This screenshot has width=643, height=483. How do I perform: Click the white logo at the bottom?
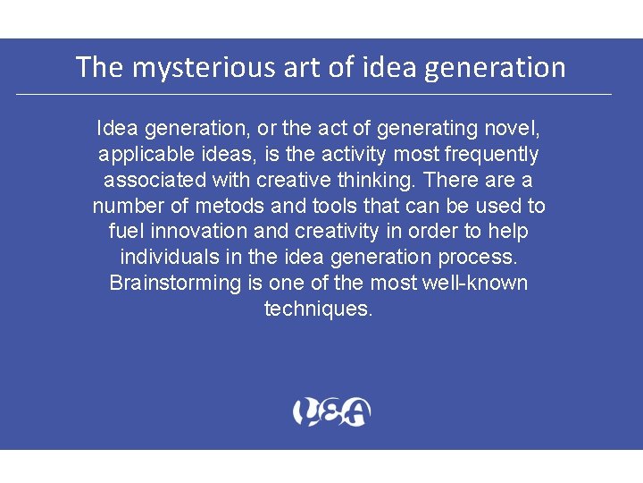point(331,412)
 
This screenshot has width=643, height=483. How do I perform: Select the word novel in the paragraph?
point(516,129)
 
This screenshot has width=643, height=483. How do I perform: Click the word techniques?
point(318,309)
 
